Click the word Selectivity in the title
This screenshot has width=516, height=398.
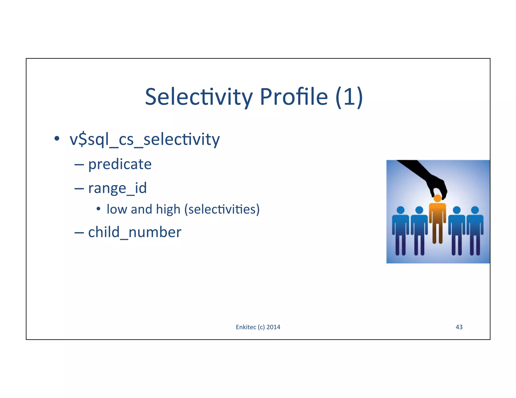pyautogui.click(x=199, y=97)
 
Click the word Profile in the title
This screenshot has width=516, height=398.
pyautogui.click(x=294, y=97)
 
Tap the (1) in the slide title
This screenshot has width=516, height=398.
pyautogui.click(x=349, y=97)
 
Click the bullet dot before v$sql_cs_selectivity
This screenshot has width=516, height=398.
pyautogui.click(x=57, y=138)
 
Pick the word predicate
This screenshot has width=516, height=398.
pyautogui.click(x=120, y=165)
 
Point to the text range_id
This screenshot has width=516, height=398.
pyautogui.click(x=117, y=188)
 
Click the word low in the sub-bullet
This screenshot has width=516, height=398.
pyautogui.click(x=117, y=209)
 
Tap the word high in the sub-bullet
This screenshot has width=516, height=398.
pyautogui.click(x=168, y=209)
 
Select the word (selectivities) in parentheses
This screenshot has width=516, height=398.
pyautogui.click(x=222, y=209)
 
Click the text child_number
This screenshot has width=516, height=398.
pyautogui.click(x=135, y=232)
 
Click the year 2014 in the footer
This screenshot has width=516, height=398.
pyautogui.click(x=273, y=327)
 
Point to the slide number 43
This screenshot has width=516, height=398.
pyautogui.click(x=459, y=327)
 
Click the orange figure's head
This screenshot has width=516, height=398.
pyautogui.click(x=437, y=198)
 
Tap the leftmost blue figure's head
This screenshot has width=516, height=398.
pyautogui.click(x=400, y=210)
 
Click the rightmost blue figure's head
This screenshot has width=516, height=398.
pyautogui.click(x=475, y=210)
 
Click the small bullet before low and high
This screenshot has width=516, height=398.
pyautogui.click(x=98, y=209)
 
